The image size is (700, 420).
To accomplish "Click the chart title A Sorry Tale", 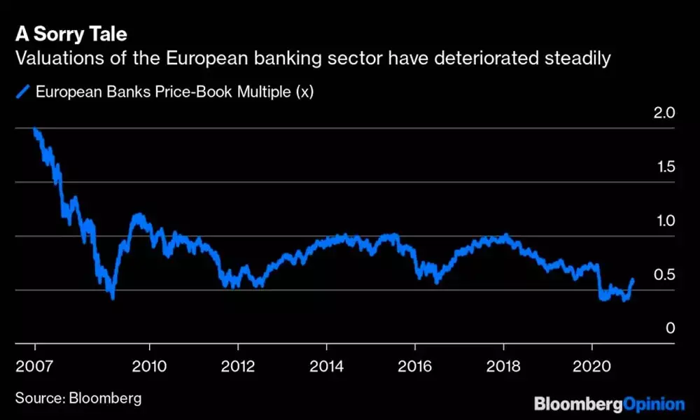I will (x=71, y=34).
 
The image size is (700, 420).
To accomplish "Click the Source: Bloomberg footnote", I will (x=78, y=398).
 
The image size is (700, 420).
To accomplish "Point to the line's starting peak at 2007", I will (x=35, y=130).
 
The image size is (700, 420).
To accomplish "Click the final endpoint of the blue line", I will (x=633, y=279).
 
